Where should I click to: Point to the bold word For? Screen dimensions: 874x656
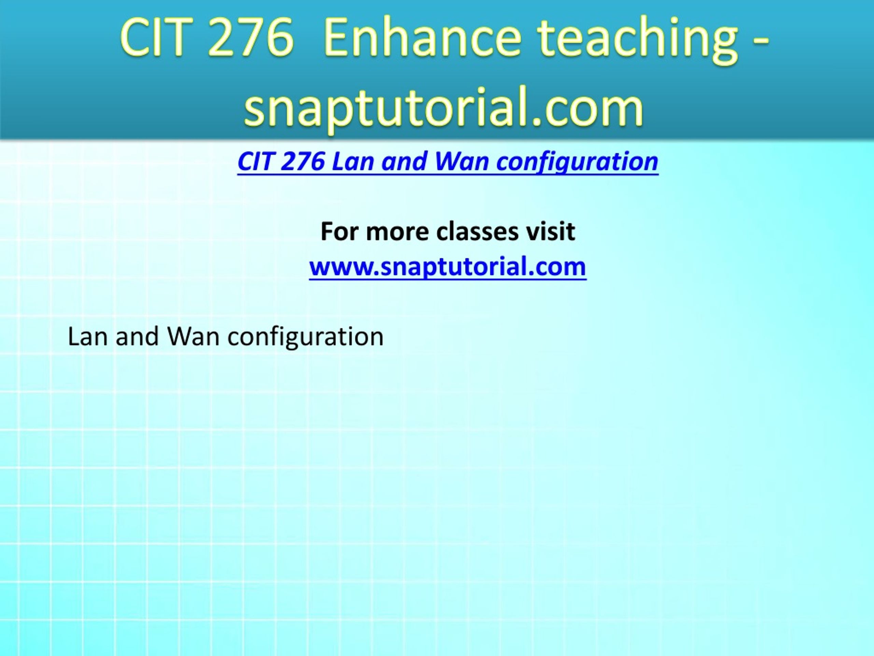(339, 231)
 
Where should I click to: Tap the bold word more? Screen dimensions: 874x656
(397, 233)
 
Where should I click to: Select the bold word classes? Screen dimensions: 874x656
(477, 231)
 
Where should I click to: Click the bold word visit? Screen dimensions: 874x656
(550, 231)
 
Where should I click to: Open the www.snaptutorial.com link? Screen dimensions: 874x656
(448, 267)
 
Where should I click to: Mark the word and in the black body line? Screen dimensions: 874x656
(138, 337)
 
